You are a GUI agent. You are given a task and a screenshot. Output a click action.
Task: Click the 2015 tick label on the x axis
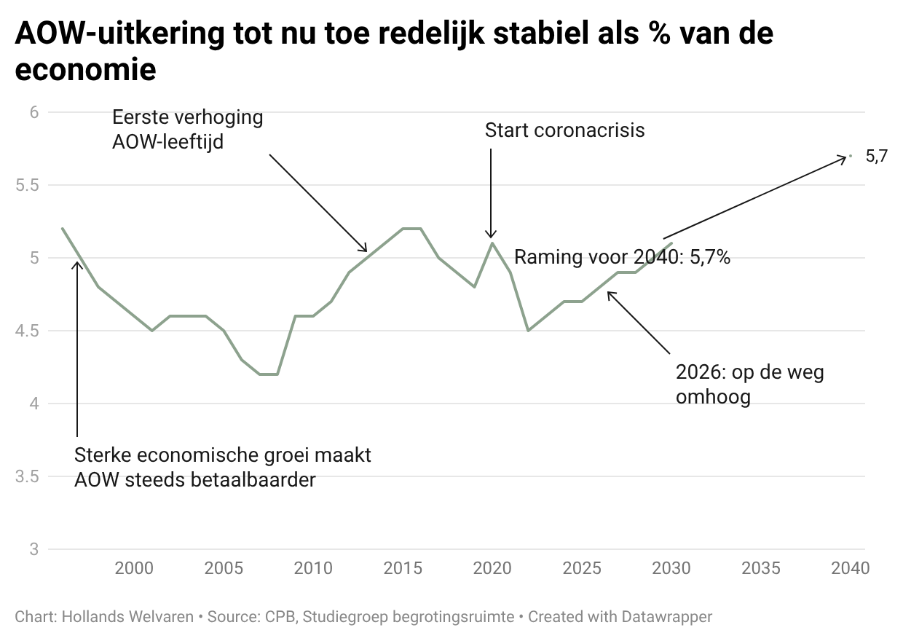tap(403, 568)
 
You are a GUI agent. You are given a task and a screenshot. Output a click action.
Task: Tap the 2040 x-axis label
tap(850, 568)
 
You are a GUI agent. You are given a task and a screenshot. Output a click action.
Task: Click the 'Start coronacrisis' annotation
tap(564, 130)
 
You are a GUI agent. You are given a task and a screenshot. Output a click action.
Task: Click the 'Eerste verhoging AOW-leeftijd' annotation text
tap(187, 129)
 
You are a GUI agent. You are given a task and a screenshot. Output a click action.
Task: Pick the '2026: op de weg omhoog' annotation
tap(749, 385)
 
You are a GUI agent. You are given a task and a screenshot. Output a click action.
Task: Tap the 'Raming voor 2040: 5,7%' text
tap(622, 257)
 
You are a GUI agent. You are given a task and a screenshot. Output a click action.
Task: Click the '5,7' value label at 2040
tap(876, 156)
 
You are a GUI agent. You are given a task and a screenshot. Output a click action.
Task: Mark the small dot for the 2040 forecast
tap(851, 156)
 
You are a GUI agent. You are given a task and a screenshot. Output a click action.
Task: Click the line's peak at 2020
tap(492, 243)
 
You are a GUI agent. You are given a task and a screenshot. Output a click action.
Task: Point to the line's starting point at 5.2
tap(63, 229)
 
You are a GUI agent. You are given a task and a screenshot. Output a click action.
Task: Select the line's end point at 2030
tap(671, 243)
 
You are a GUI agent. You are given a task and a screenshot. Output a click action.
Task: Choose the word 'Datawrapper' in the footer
tap(666, 617)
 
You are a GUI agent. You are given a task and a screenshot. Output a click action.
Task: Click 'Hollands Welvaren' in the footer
tap(127, 617)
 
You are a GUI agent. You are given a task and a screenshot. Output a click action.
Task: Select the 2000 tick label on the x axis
tap(134, 568)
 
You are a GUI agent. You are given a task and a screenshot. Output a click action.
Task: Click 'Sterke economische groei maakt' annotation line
tap(223, 456)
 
